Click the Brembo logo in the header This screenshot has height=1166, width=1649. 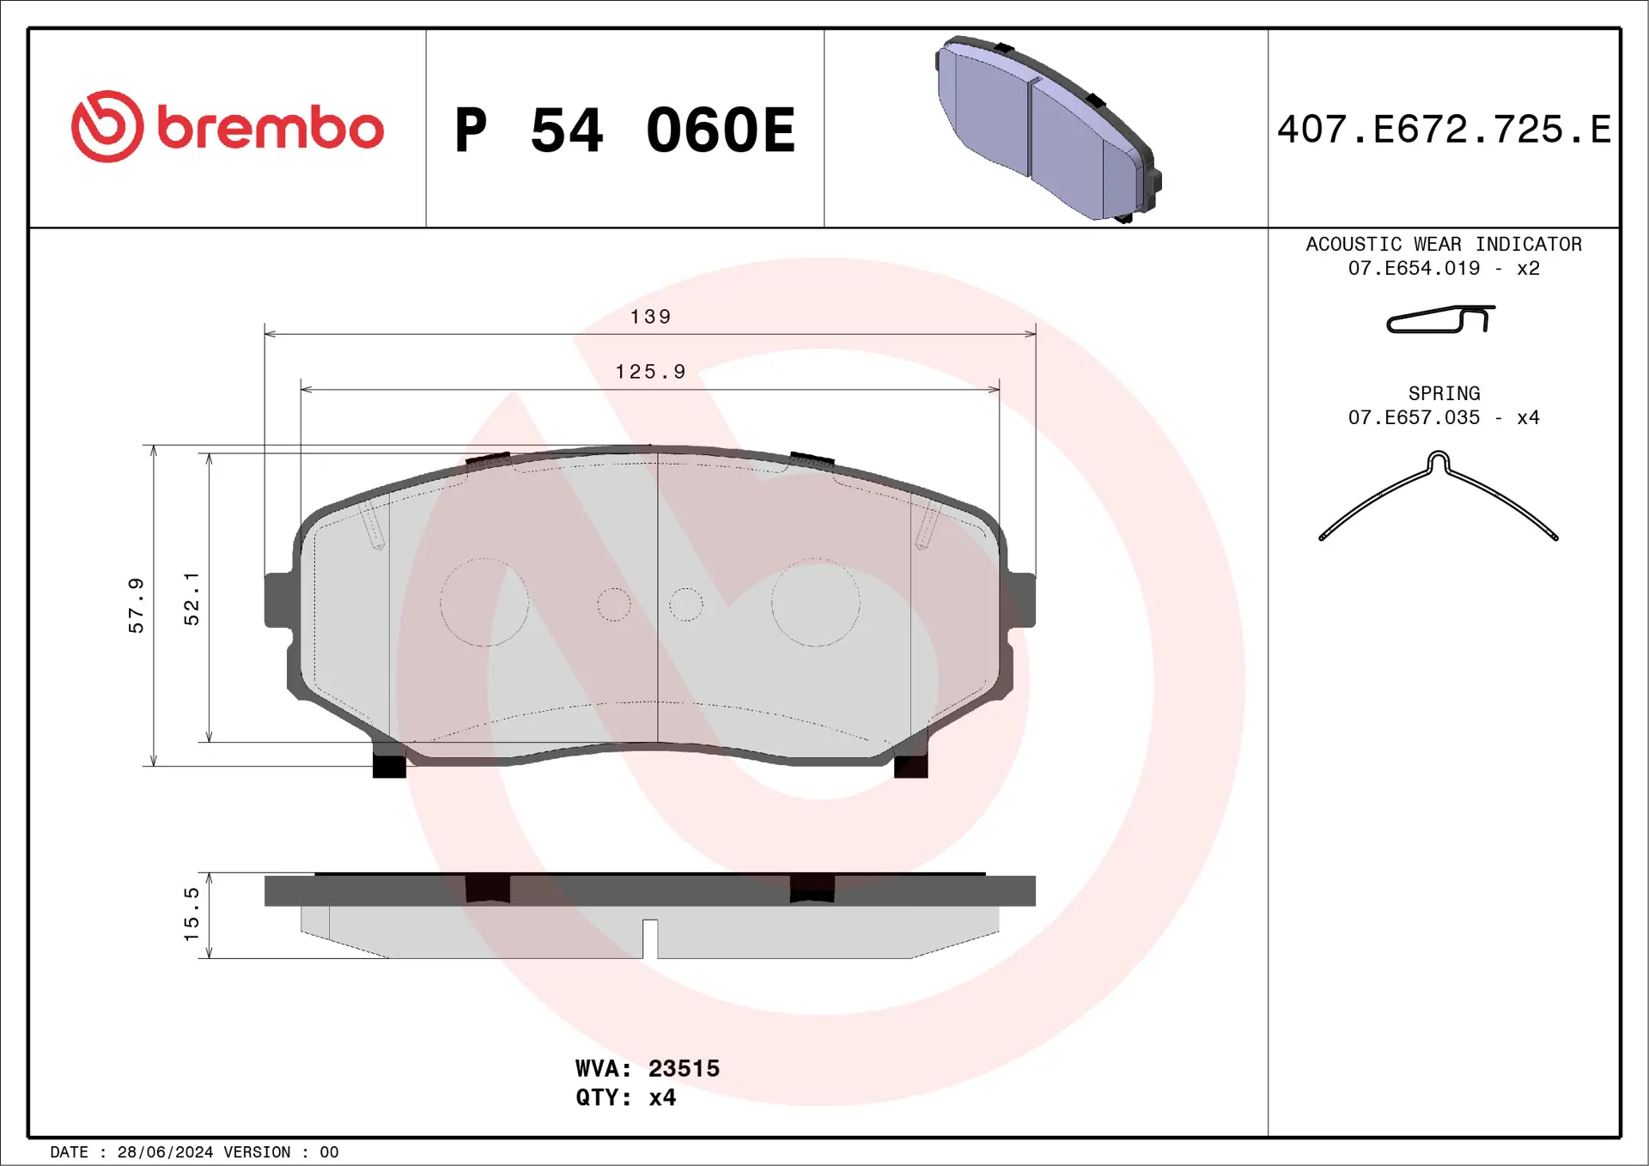point(228,127)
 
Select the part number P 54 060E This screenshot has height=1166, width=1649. point(624,131)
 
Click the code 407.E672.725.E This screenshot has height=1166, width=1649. point(1443,130)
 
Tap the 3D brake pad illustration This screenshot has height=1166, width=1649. point(1048,129)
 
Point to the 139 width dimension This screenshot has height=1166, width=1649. point(650,317)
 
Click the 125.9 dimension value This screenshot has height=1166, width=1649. point(650,372)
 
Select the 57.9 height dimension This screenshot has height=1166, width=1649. point(136,605)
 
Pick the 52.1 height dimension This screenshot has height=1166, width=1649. point(191,598)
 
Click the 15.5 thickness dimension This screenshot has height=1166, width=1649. point(191,914)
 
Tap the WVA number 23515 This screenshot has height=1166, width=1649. point(683,1068)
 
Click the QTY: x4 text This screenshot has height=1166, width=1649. point(625,1097)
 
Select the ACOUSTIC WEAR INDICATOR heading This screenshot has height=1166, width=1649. point(1443,244)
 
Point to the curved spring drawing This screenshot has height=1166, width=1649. point(1438,496)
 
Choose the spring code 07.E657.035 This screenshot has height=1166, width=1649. point(1414,417)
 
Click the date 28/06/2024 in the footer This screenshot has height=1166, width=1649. point(165,1152)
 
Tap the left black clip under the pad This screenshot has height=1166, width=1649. point(389,764)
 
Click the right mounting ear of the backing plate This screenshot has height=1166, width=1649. point(1022,599)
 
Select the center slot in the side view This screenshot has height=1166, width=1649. point(650,938)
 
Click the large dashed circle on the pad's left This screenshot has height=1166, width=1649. point(484,602)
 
